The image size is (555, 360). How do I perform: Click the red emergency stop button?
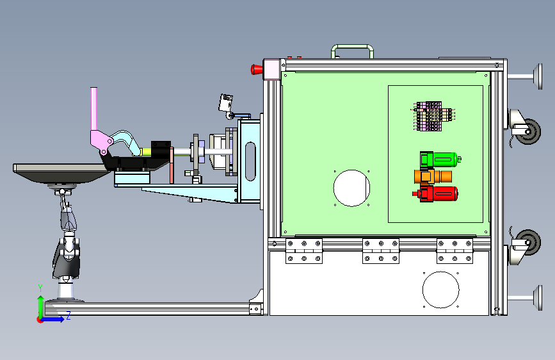[x=257, y=69]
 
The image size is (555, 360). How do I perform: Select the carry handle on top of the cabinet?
[x=352, y=46]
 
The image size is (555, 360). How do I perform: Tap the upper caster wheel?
[x=529, y=132]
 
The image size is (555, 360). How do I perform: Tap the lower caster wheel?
[x=529, y=242]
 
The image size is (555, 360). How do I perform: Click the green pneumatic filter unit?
[x=440, y=160]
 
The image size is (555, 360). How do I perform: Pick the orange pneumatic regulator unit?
[x=433, y=176]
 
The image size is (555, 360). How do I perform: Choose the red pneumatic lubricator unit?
[x=435, y=194]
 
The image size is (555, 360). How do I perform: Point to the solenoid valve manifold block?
[x=434, y=116]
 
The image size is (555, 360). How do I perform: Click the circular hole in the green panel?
[x=351, y=188]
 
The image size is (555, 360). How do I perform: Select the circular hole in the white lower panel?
[x=440, y=290]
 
